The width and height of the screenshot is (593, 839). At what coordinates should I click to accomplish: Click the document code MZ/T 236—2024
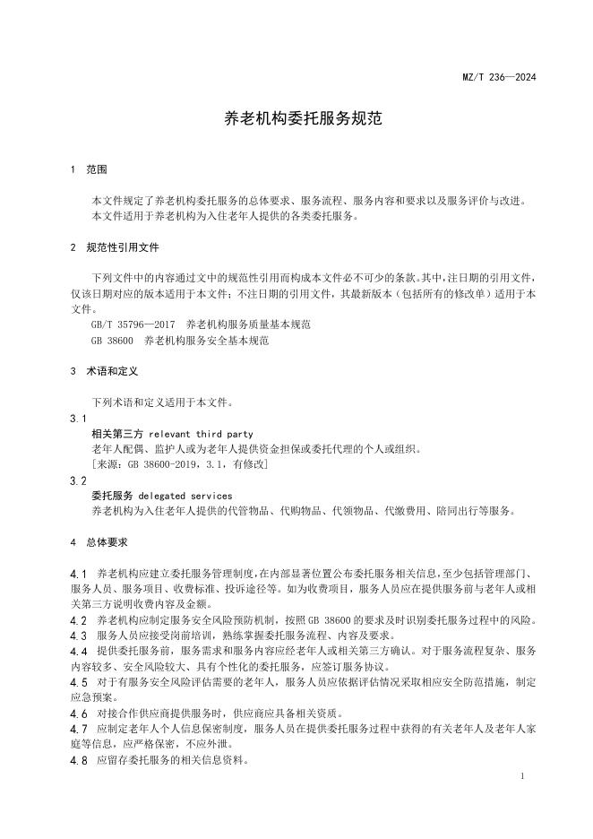click(504, 78)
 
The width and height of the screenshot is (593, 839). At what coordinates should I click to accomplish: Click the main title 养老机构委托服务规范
click(296, 118)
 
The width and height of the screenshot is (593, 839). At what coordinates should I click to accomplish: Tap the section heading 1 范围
click(88, 169)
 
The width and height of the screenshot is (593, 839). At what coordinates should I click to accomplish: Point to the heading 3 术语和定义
click(102, 370)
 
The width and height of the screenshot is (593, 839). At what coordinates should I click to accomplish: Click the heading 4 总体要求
click(99, 541)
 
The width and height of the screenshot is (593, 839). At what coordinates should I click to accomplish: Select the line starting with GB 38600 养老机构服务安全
click(179, 340)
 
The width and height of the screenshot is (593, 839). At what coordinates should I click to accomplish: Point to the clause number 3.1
click(78, 419)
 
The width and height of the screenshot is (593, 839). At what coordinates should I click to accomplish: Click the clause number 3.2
click(78, 480)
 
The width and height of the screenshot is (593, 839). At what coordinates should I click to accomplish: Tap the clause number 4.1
click(78, 573)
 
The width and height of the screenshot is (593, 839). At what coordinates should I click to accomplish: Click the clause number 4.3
click(78, 636)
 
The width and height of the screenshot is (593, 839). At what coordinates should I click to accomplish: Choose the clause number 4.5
click(78, 682)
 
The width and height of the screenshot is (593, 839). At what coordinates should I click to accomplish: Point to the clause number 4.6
click(78, 714)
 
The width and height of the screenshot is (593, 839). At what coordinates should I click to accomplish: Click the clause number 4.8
click(78, 760)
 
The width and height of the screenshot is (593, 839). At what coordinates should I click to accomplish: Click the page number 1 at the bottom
click(521, 776)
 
